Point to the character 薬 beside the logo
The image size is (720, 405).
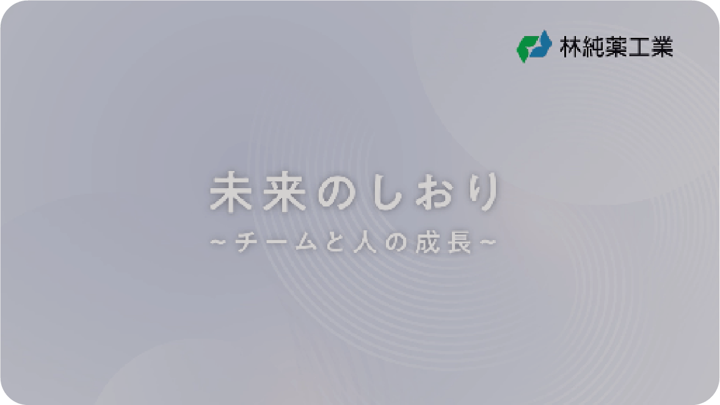[616, 47]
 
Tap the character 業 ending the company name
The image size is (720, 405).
[662, 47]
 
